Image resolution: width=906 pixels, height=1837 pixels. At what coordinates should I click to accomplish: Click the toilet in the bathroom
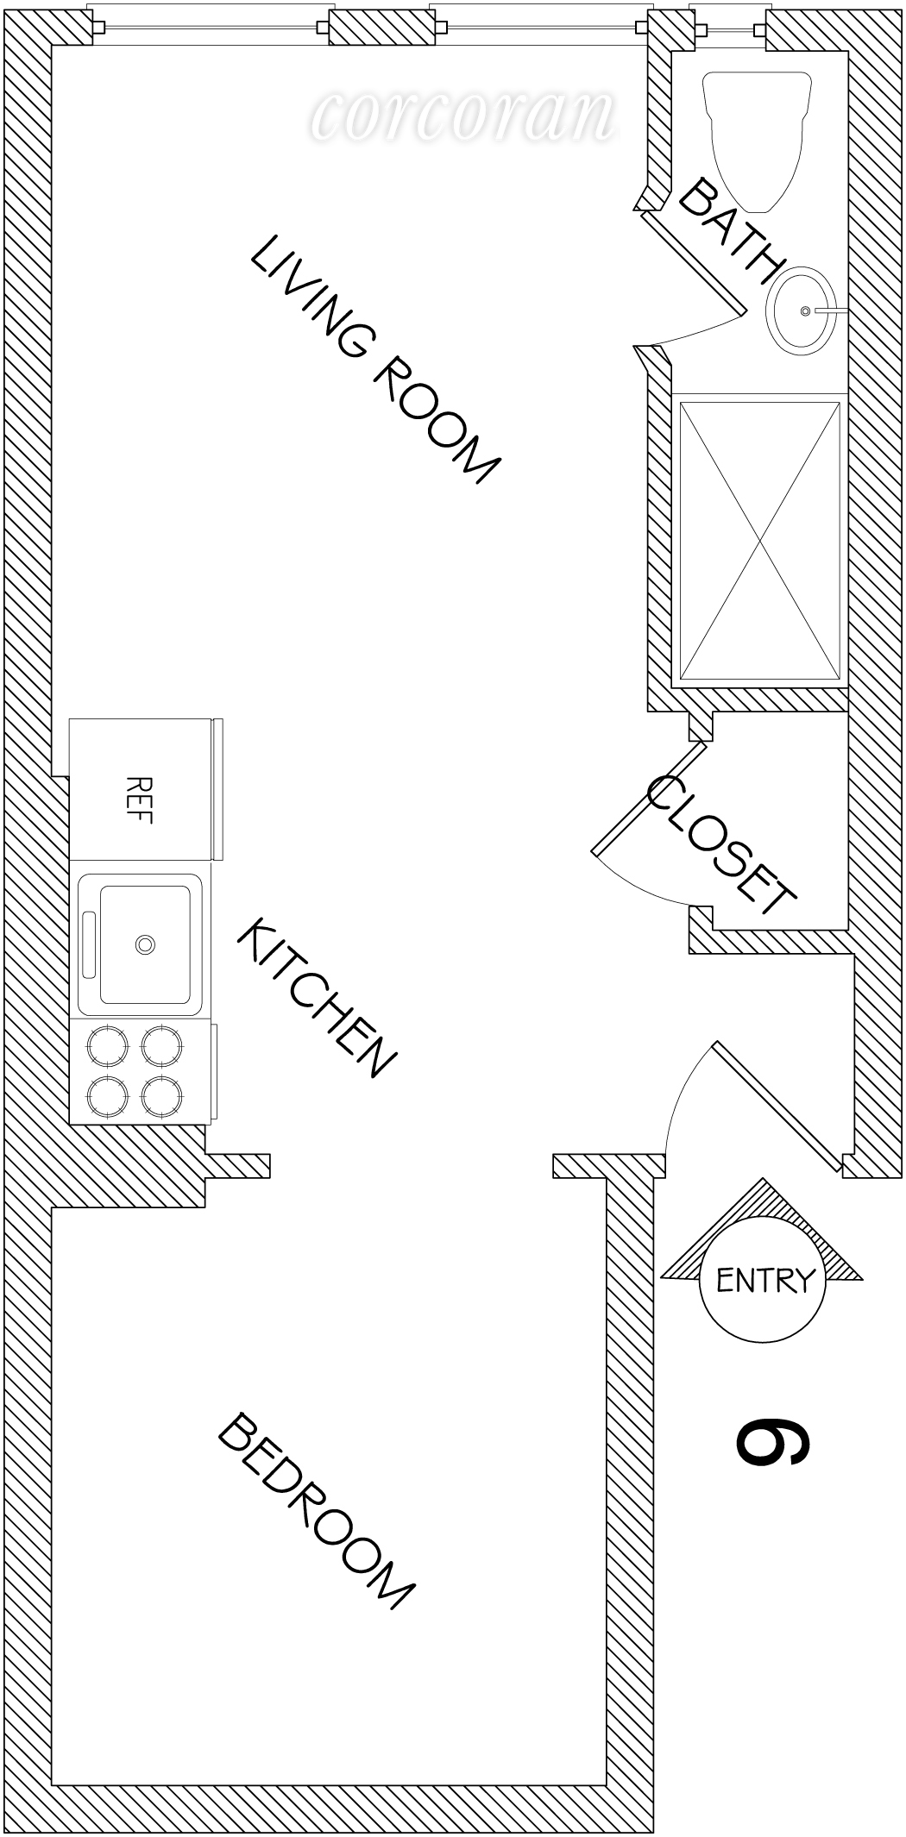[x=758, y=138]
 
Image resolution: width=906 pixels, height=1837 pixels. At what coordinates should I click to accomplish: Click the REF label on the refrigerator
[x=139, y=799]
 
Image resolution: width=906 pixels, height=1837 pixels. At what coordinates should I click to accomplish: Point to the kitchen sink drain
[x=145, y=944]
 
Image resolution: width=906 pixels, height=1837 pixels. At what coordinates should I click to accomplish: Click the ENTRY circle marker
[x=762, y=1281]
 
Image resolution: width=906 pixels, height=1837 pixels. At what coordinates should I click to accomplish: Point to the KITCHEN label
[x=316, y=998]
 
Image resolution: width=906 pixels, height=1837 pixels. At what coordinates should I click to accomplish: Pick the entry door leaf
[x=777, y=1107]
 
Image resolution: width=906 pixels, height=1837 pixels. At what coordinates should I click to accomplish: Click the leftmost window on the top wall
[x=211, y=28]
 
